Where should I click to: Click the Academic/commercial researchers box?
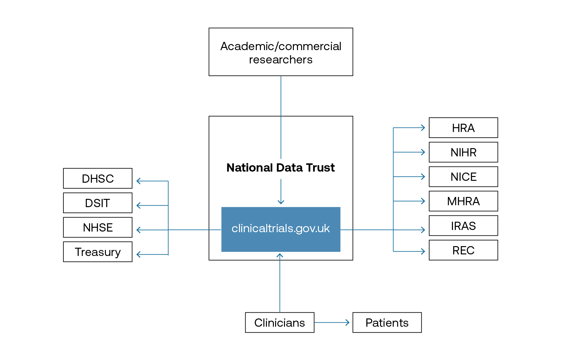(x=281, y=52)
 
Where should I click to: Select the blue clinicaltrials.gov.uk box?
(x=281, y=229)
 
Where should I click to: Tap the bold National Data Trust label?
(x=281, y=168)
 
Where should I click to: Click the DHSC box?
(x=98, y=179)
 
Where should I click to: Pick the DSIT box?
(x=98, y=203)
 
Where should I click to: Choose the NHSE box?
(x=98, y=227)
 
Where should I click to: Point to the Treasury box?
(x=98, y=252)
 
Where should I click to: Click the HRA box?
(x=463, y=128)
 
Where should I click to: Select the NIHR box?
(x=463, y=152)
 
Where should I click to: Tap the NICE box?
(x=463, y=177)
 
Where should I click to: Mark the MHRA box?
(x=463, y=201)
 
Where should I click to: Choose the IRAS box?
(x=463, y=226)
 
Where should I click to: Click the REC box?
(x=463, y=250)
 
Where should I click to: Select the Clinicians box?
(x=280, y=323)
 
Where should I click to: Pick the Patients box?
(x=387, y=323)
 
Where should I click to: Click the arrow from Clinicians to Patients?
(x=332, y=323)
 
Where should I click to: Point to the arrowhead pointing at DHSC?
(x=139, y=181)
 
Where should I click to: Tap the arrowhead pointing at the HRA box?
(x=423, y=128)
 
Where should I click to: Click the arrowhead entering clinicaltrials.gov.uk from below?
(x=280, y=255)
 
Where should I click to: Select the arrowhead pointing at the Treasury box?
(x=139, y=254)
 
